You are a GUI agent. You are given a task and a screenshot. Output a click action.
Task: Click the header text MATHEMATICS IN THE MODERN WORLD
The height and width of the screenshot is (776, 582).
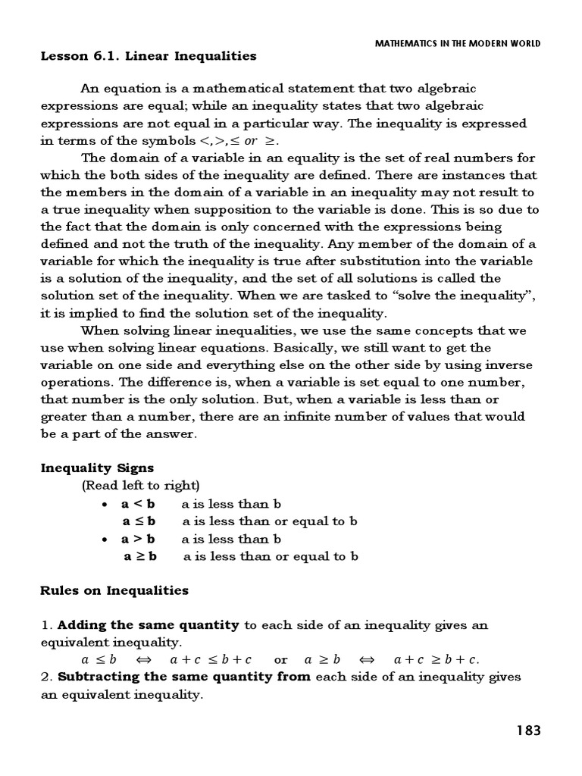[x=458, y=43]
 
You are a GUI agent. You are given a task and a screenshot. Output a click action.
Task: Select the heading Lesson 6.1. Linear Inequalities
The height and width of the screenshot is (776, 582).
[x=148, y=56]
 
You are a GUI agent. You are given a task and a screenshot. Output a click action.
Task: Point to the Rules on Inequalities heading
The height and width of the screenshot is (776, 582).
[x=114, y=590]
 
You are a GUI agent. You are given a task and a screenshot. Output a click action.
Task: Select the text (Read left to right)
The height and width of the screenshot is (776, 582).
[x=140, y=485]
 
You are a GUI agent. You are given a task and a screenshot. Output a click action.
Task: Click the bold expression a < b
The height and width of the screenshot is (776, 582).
[x=138, y=503]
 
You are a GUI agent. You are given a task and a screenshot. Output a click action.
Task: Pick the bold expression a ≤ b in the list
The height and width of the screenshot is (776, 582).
[x=139, y=521]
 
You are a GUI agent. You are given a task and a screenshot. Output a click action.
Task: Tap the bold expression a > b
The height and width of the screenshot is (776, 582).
[x=138, y=539]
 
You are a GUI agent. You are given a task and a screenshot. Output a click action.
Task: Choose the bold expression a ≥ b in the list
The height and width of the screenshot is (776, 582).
[x=140, y=556]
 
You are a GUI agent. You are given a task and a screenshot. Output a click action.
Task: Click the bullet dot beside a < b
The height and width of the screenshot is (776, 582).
[x=105, y=504]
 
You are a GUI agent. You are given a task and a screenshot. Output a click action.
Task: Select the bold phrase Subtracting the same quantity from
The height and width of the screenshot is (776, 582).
[x=184, y=677]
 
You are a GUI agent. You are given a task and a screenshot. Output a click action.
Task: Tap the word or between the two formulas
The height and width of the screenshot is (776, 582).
[x=281, y=659]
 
